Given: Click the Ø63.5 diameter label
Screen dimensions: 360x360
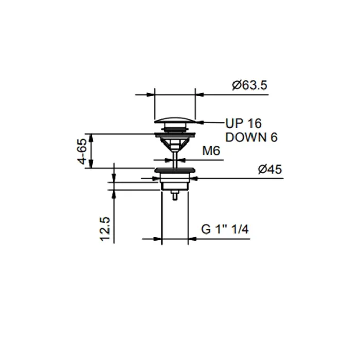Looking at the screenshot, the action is pyautogui.click(x=250, y=85).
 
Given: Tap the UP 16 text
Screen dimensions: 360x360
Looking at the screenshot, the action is pyautogui.click(x=243, y=123).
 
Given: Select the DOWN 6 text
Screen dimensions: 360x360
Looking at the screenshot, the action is pyautogui.click(x=251, y=137).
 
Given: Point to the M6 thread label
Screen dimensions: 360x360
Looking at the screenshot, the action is pyautogui.click(x=211, y=151).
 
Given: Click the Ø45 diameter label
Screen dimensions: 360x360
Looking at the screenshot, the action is pyautogui.click(x=270, y=169).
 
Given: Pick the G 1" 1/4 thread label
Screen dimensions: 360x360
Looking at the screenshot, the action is pyautogui.click(x=225, y=229).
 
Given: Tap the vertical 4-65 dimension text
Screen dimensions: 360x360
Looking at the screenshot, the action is pyautogui.click(x=82, y=151).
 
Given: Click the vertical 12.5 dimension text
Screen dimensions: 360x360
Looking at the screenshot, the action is pyautogui.click(x=105, y=229).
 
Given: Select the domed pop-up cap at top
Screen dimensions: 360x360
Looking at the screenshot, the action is pyautogui.click(x=175, y=120).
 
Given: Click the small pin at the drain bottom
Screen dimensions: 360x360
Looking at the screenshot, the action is pyautogui.click(x=175, y=195).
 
